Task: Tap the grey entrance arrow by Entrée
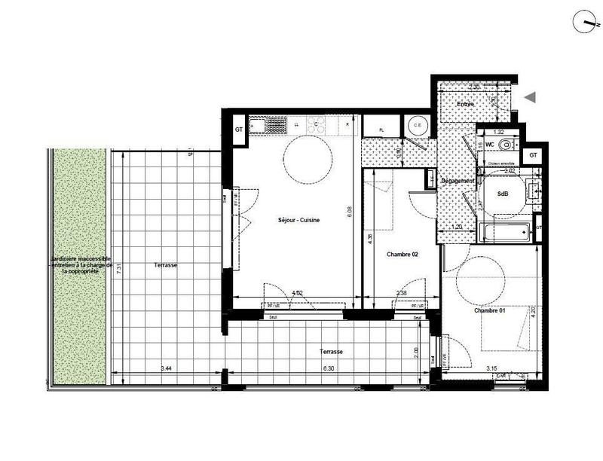530,97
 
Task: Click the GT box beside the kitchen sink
239,130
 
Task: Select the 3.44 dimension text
164,368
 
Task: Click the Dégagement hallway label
457,181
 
